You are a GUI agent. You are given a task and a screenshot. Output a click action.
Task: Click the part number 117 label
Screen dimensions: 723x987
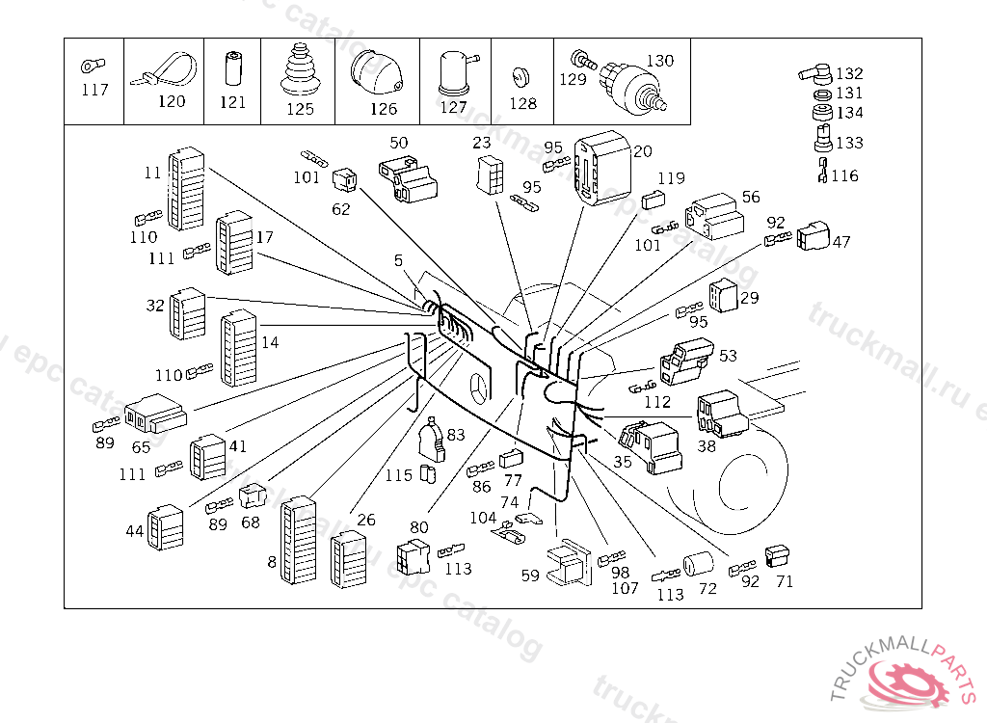[94, 91]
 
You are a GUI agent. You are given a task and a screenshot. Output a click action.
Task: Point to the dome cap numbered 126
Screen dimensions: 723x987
[376, 70]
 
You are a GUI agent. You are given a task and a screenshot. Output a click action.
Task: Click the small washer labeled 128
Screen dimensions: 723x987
[521, 75]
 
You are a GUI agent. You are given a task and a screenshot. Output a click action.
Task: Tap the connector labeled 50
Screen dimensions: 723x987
[409, 178]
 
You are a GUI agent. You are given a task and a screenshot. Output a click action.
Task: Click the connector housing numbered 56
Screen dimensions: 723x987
[714, 216]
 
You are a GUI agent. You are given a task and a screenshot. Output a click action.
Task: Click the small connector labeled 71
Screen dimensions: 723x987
[778, 556]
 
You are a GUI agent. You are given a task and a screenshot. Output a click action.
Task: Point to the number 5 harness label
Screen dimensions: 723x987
[398, 260]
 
